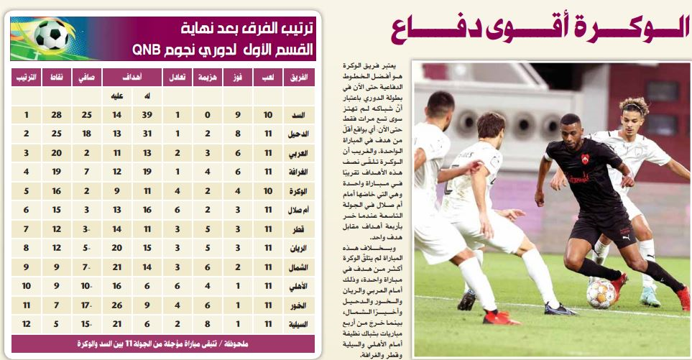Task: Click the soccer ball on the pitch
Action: coord(601,293)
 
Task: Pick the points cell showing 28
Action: coord(56,115)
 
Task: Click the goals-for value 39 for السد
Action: coord(148,115)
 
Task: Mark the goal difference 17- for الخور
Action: coord(87,305)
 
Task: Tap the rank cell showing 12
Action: coord(26,324)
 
